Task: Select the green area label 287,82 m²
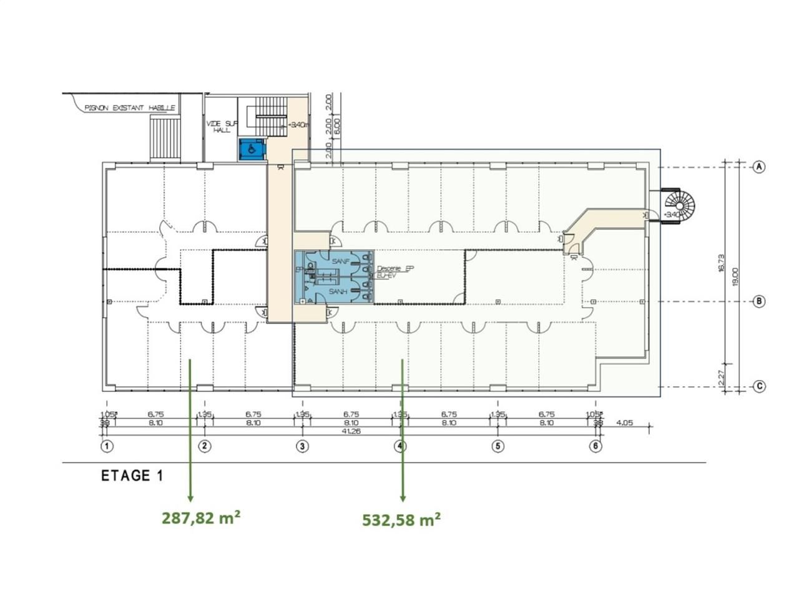click(x=202, y=518)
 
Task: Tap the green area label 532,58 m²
click(x=401, y=519)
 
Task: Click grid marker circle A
click(x=758, y=167)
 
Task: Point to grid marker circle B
click(x=758, y=301)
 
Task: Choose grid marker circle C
click(x=758, y=386)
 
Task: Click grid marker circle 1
click(x=107, y=446)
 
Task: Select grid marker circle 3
click(x=302, y=446)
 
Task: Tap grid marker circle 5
click(x=498, y=446)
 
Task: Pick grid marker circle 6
click(x=596, y=446)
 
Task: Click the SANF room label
click(x=340, y=261)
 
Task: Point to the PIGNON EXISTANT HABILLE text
click(x=130, y=108)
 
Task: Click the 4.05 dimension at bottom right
click(x=624, y=422)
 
